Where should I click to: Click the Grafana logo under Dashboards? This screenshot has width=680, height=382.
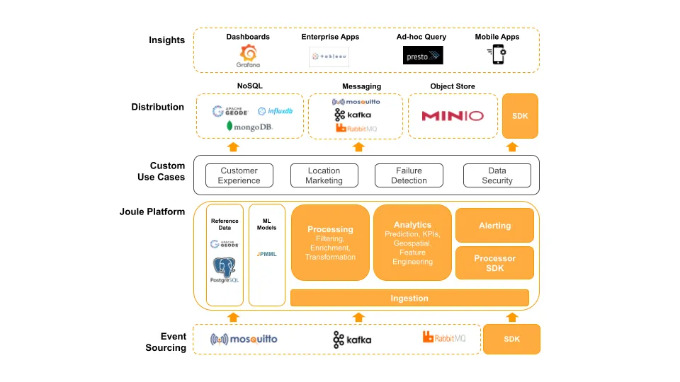point(249,55)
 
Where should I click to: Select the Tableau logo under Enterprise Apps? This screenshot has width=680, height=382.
point(329,57)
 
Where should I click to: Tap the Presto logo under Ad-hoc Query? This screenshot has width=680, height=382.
point(423,56)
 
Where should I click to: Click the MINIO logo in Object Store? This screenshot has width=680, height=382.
point(452,116)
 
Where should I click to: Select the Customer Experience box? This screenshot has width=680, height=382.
point(239,175)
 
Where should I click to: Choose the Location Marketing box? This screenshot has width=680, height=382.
point(324,175)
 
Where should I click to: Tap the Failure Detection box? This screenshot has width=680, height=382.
point(409,175)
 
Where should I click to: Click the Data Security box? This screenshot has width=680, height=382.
point(497,175)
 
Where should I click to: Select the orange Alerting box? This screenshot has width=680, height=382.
point(494,226)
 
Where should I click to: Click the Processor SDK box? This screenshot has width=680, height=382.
point(494,263)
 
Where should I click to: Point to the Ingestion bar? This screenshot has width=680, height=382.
point(409,298)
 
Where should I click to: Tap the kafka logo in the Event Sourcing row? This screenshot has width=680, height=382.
point(352,340)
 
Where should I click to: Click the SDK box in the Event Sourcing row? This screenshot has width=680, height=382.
point(511,339)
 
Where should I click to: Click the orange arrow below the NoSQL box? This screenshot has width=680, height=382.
point(232,147)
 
